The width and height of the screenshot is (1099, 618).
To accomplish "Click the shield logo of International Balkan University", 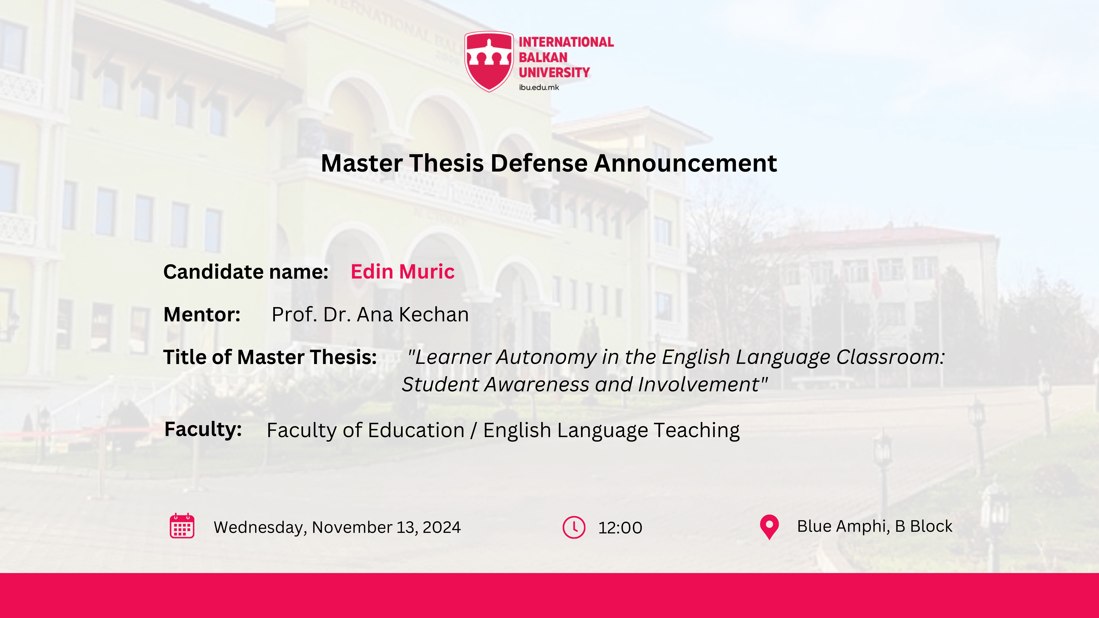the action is (489, 61).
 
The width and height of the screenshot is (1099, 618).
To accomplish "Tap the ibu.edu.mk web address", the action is (539, 87).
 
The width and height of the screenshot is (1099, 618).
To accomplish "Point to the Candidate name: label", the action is (246, 272).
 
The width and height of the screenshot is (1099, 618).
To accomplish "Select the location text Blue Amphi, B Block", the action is (875, 526).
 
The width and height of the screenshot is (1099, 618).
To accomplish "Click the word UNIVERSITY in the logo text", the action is (554, 73).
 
